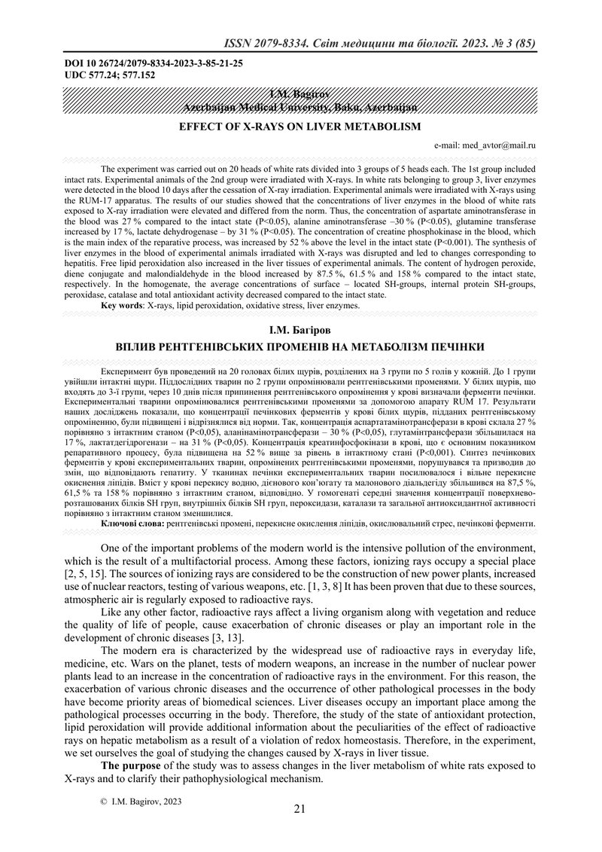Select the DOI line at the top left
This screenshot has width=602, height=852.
coord(154,63)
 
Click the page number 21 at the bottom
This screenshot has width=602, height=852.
coord(299,810)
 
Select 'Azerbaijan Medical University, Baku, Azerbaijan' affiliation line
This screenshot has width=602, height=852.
coord(299,108)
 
